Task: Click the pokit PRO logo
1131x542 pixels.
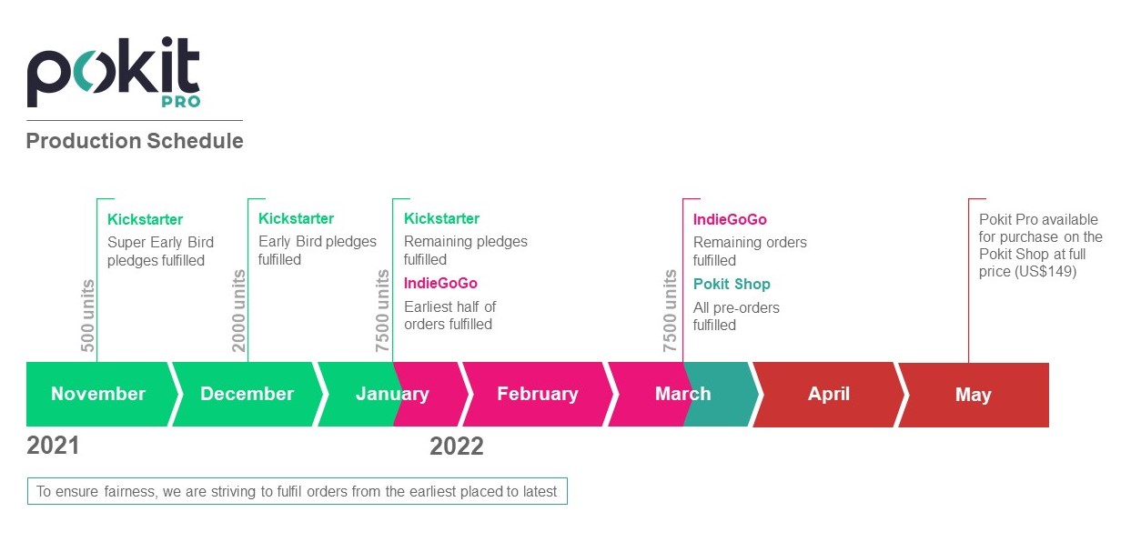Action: tap(114, 72)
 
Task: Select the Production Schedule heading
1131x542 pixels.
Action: tap(135, 141)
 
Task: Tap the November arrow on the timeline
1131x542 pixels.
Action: tap(102, 394)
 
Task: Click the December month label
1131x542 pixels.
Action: tap(247, 394)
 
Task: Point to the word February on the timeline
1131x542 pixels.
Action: tap(538, 394)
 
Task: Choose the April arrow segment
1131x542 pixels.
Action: tap(829, 394)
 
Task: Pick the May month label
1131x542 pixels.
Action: tap(973, 395)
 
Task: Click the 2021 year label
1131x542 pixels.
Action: tap(53, 446)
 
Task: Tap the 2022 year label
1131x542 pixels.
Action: tap(457, 447)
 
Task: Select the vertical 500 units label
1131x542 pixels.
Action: tap(87, 316)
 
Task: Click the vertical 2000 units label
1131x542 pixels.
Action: tap(238, 311)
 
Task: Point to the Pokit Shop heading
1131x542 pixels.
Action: tap(732, 284)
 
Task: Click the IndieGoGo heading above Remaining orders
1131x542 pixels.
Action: tap(730, 219)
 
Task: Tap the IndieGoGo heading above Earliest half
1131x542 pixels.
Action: tap(440, 283)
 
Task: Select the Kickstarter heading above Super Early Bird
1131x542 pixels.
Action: tap(145, 219)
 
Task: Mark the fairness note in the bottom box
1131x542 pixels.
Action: tap(297, 491)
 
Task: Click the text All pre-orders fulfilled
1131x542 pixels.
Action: tap(736, 316)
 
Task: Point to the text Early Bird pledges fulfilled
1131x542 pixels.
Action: tap(317, 250)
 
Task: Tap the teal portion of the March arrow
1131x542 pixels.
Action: tap(720, 394)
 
